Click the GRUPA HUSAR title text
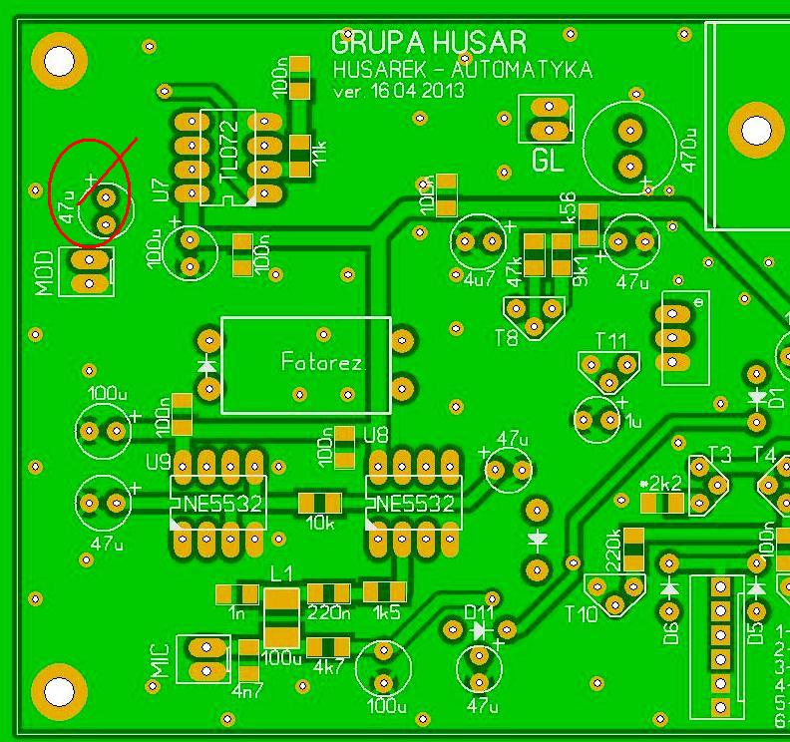429,43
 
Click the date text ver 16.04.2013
399,90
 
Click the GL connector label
548,160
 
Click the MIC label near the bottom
161,659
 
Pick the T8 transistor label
507,337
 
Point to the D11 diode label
480,611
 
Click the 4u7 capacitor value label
479,280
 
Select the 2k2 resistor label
664,483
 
